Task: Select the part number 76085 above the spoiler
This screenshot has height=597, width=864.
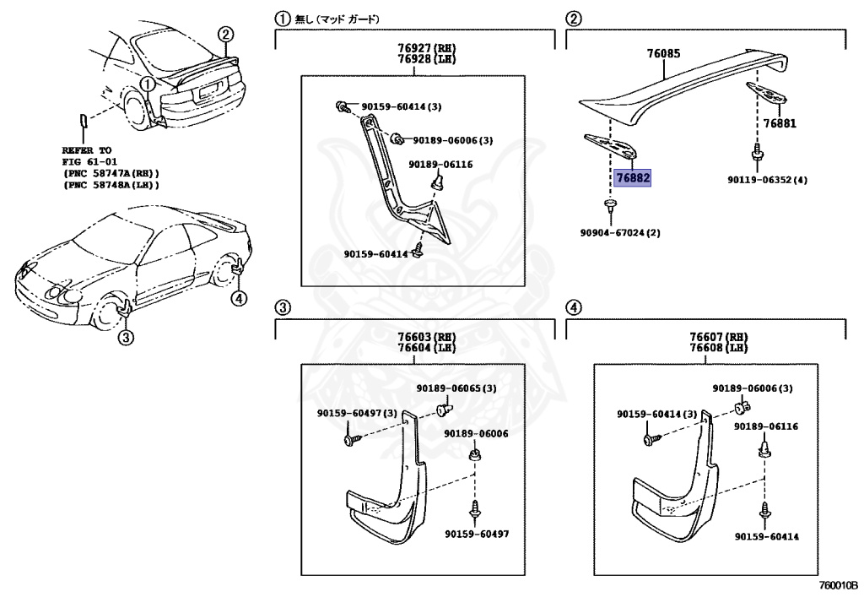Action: pyautogui.click(x=663, y=54)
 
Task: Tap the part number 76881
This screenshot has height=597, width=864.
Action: pyautogui.click(x=779, y=123)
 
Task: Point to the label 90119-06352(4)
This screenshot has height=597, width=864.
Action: pyautogui.click(x=767, y=180)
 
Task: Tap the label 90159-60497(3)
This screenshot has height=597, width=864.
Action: pyautogui.click(x=357, y=413)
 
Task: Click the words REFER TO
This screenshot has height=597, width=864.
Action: pyautogui.click(x=87, y=149)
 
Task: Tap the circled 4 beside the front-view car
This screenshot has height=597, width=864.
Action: pyautogui.click(x=240, y=296)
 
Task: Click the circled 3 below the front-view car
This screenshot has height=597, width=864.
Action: pyautogui.click(x=125, y=339)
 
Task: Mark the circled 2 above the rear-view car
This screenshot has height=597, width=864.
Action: pyautogui.click(x=224, y=35)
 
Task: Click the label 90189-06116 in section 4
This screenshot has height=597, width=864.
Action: pyautogui.click(x=765, y=427)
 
